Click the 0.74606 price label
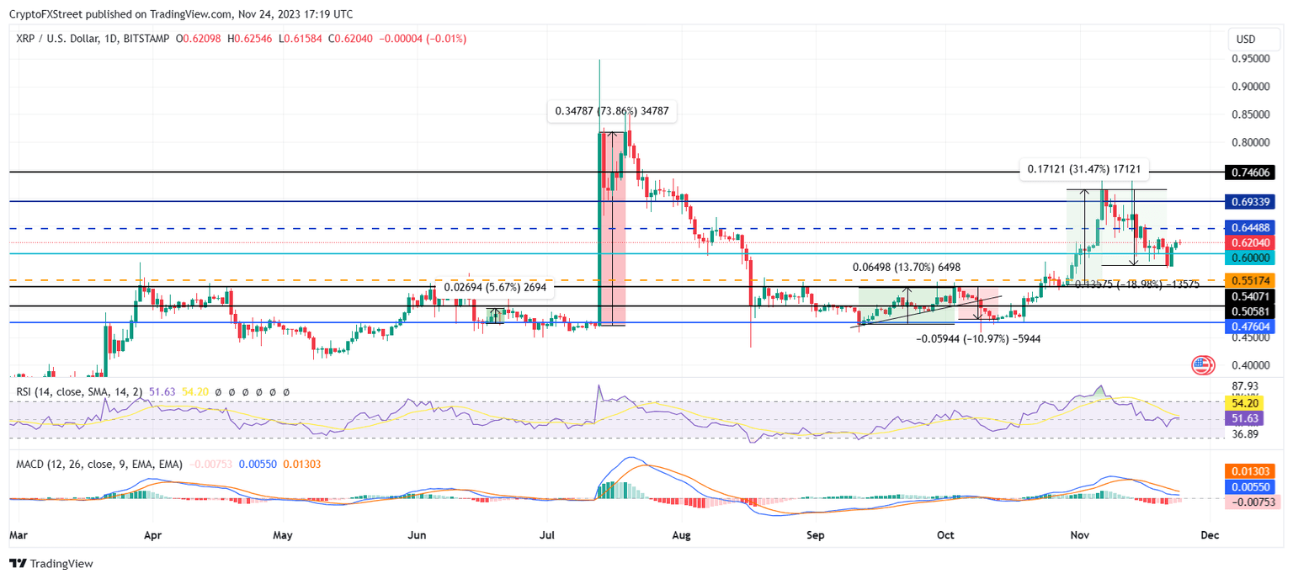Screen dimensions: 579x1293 tap(1253, 173)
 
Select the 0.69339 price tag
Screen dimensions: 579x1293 tap(1253, 202)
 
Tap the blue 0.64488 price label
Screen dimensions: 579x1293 tap(1253, 228)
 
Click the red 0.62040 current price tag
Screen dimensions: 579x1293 tap(1253, 242)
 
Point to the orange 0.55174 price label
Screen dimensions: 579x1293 tap(1253, 280)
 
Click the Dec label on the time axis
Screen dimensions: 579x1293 tap(1209, 534)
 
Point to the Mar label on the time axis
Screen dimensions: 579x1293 tap(19, 534)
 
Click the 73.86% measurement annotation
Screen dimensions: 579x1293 tap(612, 111)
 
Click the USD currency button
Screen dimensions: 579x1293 tap(1245, 40)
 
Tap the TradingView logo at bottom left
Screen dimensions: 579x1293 tap(51, 564)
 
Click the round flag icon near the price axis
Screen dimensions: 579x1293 tap(1203, 365)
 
